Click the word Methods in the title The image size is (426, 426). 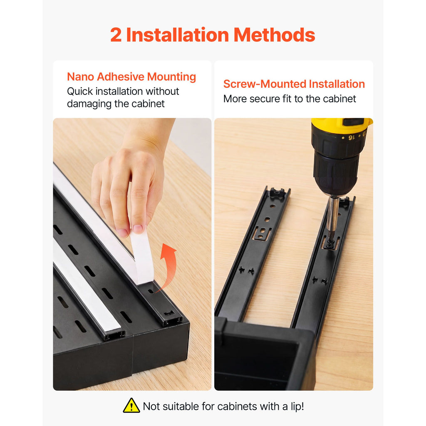click(274, 35)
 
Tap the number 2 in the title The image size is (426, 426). click(116, 35)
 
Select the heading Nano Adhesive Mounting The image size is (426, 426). click(131, 77)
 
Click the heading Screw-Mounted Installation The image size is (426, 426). click(294, 84)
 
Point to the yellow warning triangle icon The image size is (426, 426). click(131, 406)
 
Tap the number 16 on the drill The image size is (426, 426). click(352, 137)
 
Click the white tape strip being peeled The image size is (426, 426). click(141, 255)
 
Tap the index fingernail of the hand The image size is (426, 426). click(138, 229)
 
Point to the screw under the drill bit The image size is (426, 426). click(330, 244)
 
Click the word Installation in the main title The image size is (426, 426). click(178, 35)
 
